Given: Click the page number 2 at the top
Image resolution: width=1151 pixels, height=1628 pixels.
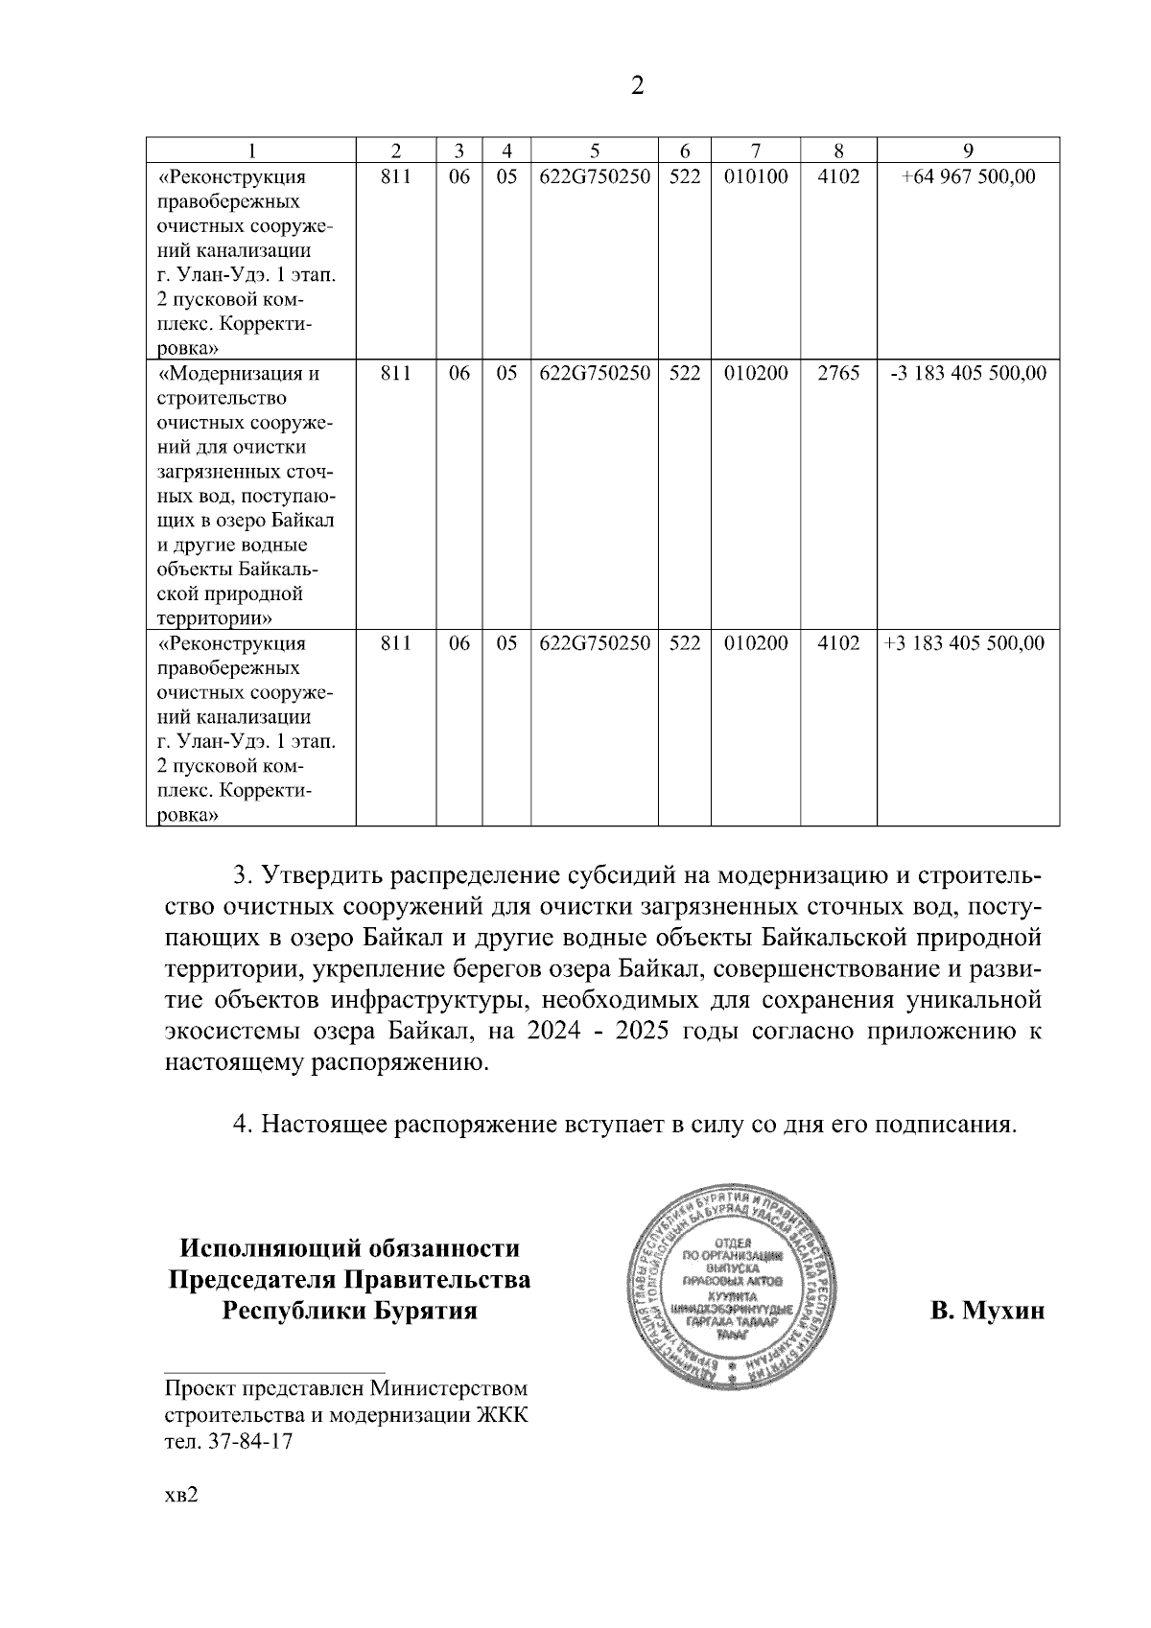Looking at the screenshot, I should tap(638, 87).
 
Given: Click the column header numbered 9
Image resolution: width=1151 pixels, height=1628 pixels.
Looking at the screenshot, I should tap(968, 150).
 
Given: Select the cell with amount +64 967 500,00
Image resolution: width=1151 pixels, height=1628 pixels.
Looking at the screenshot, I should tap(968, 176).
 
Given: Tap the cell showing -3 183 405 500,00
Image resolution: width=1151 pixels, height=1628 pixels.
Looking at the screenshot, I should tap(968, 373).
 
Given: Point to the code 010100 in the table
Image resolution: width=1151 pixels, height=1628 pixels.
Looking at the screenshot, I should tap(756, 176).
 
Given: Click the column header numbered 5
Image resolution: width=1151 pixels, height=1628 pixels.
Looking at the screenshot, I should tap(595, 150).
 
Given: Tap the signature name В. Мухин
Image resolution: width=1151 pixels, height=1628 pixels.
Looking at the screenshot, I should tap(987, 1311).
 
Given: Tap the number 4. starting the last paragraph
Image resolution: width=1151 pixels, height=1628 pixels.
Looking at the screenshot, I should tap(245, 1123).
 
